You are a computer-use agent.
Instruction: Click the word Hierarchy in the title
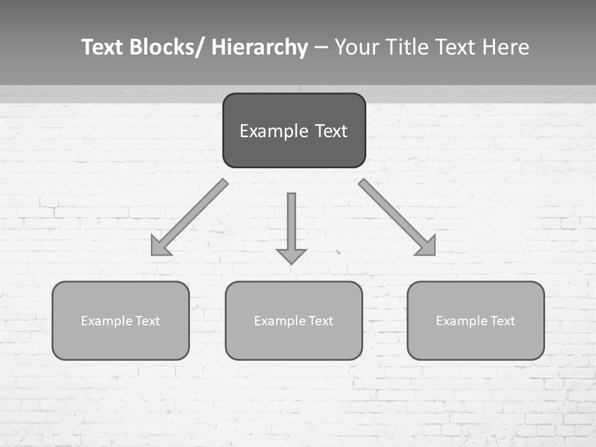point(259,47)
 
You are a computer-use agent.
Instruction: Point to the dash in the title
point(321,48)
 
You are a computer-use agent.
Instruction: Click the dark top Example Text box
point(294,131)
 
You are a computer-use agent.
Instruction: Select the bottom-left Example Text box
point(120,321)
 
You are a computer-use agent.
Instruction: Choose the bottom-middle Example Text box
point(294,321)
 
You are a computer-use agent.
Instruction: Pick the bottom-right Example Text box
point(476,321)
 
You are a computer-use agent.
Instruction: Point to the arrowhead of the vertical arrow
point(291,256)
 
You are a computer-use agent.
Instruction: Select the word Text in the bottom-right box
point(502,321)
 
